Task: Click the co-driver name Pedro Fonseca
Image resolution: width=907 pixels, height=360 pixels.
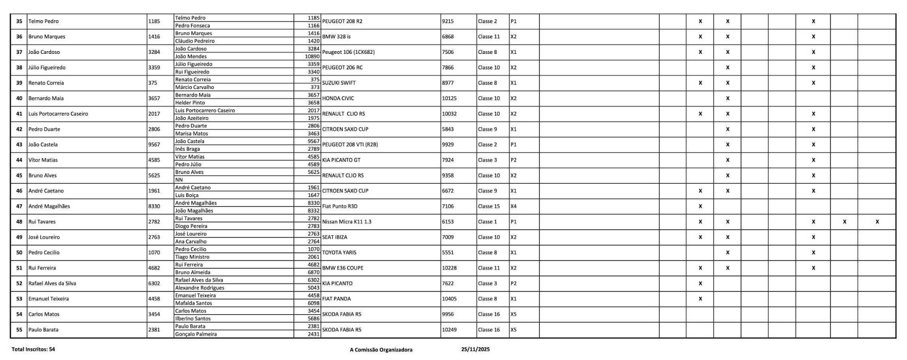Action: point(192,26)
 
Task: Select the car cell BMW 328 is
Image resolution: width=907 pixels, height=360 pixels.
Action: point(336,36)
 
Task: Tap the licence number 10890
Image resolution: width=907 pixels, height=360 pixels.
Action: point(312,56)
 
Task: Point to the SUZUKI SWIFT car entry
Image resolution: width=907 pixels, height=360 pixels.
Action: point(339,83)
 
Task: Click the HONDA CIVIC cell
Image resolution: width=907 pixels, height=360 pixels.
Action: point(338,98)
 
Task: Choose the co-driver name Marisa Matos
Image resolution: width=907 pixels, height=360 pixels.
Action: point(191,133)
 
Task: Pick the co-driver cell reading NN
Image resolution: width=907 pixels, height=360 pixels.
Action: point(179,180)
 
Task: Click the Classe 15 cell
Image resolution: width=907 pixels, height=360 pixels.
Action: point(488,206)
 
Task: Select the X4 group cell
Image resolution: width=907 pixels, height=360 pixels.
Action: point(513,206)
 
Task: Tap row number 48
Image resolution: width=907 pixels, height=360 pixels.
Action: point(19,222)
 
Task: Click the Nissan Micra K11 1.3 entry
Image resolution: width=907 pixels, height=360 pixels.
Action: point(347,222)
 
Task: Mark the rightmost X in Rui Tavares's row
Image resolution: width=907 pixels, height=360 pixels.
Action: point(877,222)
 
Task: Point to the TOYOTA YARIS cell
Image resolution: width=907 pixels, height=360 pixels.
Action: point(339,252)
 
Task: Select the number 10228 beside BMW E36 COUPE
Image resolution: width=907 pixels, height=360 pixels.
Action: point(449,268)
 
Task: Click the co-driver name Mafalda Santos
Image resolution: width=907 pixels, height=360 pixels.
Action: point(193,303)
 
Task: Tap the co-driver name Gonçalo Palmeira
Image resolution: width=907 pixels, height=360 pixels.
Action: point(196,334)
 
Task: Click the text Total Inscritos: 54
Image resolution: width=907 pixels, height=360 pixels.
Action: point(33,349)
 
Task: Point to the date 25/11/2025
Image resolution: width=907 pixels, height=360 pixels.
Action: point(475,349)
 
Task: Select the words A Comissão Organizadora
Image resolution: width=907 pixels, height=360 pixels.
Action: point(381,350)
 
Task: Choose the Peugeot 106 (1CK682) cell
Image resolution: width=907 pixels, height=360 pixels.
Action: point(348,52)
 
